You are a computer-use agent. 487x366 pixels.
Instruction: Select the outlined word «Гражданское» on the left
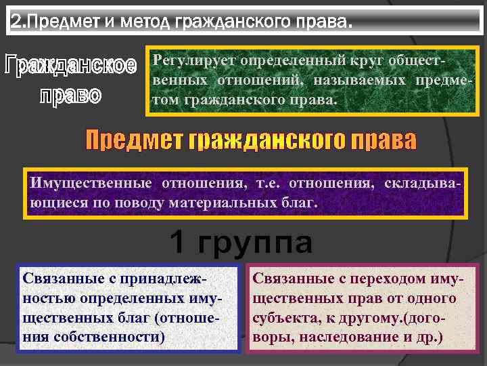coord(70,66)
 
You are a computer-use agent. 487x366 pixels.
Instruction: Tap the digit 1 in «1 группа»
coord(177,243)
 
